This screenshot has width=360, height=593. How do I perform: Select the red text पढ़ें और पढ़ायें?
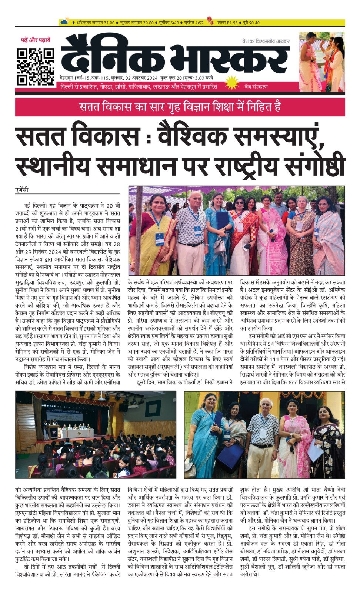pyautogui.click(x=36, y=40)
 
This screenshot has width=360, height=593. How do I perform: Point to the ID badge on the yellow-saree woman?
pyautogui.click(x=160, y=239)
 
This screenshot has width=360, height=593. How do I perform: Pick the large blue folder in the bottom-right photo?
pyautogui.click(x=230, y=456)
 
